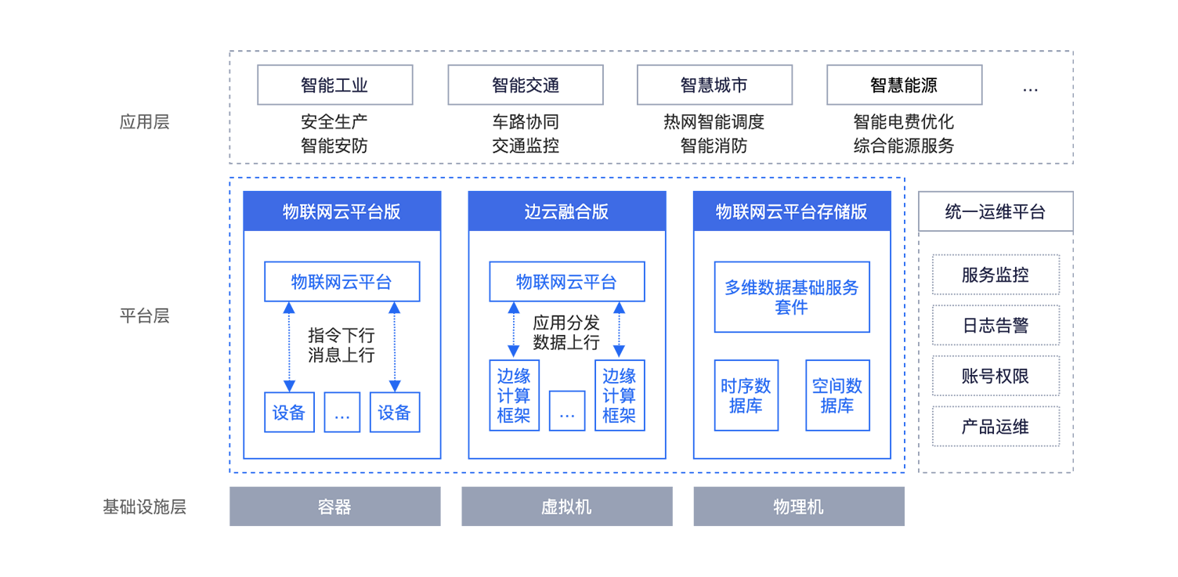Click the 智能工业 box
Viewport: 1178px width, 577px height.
[335, 85]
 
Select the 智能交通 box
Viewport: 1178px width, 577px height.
[526, 85]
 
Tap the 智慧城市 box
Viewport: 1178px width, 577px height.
[714, 85]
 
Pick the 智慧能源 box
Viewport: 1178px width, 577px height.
[905, 85]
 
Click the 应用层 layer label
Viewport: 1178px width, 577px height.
[144, 122]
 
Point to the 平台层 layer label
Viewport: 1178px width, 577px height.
[144, 316]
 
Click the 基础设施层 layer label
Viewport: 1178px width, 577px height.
[144, 507]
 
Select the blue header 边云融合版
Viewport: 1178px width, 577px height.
[567, 211]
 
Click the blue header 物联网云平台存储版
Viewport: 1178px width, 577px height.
[792, 211]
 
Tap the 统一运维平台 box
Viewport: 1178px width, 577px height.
[996, 211]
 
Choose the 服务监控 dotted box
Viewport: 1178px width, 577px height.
[996, 274]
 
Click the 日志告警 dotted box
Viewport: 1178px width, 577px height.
[996, 325]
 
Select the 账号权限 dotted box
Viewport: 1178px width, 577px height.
[996, 376]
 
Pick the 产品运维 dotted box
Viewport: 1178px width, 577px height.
[996, 426]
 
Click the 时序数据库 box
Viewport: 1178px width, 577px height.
[746, 395]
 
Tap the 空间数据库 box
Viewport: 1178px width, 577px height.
[838, 395]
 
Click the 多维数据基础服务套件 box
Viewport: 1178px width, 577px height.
[792, 297]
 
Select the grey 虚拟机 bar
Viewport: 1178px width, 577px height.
[567, 507]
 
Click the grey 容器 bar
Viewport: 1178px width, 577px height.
[335, 507]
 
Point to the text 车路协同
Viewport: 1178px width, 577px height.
[526, 122]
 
